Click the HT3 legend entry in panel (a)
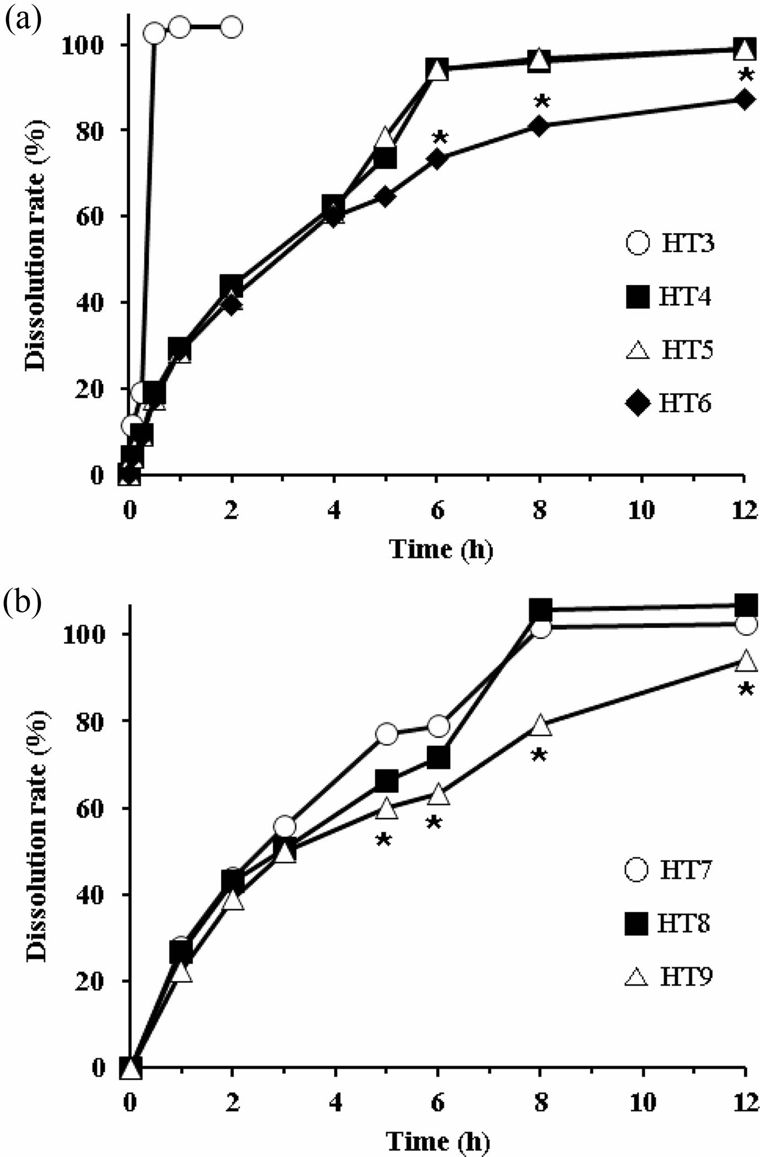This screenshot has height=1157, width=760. pos(671,243)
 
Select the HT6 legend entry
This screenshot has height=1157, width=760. pos(668,403)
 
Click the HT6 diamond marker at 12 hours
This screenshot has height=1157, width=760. pos(745,100)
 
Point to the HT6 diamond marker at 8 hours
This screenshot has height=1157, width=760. pos(539,126)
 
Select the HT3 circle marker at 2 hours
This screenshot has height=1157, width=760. pos(232,26)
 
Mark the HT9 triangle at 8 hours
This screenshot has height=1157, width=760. pos(540,727)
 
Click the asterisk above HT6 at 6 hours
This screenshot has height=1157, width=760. pos(439,137)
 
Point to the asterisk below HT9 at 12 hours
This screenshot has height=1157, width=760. pos(746,690)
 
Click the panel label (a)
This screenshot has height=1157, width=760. pos(22,20)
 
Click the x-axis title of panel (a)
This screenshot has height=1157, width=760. pos(441,549)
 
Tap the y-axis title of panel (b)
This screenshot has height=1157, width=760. pos(37,838)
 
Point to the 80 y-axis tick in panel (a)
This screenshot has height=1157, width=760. pos(90,130)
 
